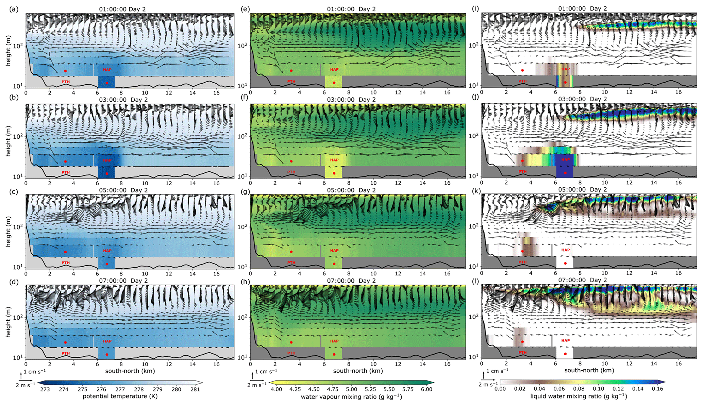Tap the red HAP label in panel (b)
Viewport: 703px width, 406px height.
[x=107, y=160]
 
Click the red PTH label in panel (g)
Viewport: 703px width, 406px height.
[x=291, y=263]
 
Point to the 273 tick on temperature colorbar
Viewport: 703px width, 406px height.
[x=45, y=389]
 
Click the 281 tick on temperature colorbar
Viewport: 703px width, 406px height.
[x=195, y=389]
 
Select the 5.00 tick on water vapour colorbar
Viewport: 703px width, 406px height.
[x=351, y=389]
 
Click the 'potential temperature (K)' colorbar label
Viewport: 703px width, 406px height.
[x=120, y=396]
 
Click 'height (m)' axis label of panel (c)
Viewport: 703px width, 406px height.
[x=8, y=232]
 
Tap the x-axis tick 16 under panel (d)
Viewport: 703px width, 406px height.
[x=217, y=364]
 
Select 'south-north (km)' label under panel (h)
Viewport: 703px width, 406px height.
[x=358, y=371]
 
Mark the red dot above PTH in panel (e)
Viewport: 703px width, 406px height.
[x=291, y=71]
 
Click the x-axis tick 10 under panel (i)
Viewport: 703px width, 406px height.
[x=605, y=92]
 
